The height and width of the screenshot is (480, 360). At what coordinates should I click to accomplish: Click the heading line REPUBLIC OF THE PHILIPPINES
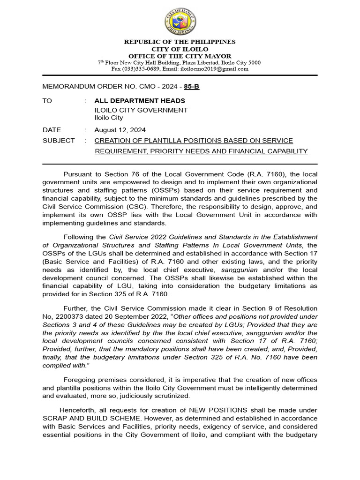(180, 42)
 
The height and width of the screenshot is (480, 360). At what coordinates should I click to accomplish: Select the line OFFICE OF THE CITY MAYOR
(180, 56)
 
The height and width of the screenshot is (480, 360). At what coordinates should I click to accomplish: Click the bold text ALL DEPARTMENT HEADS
(140, 101)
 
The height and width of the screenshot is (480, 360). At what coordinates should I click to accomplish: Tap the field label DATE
(52, 130)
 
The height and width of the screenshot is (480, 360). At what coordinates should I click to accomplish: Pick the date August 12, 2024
(120, 130)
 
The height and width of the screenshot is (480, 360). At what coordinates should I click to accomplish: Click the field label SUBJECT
(59, 141)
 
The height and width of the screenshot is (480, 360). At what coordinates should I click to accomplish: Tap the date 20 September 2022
(127, 316)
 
